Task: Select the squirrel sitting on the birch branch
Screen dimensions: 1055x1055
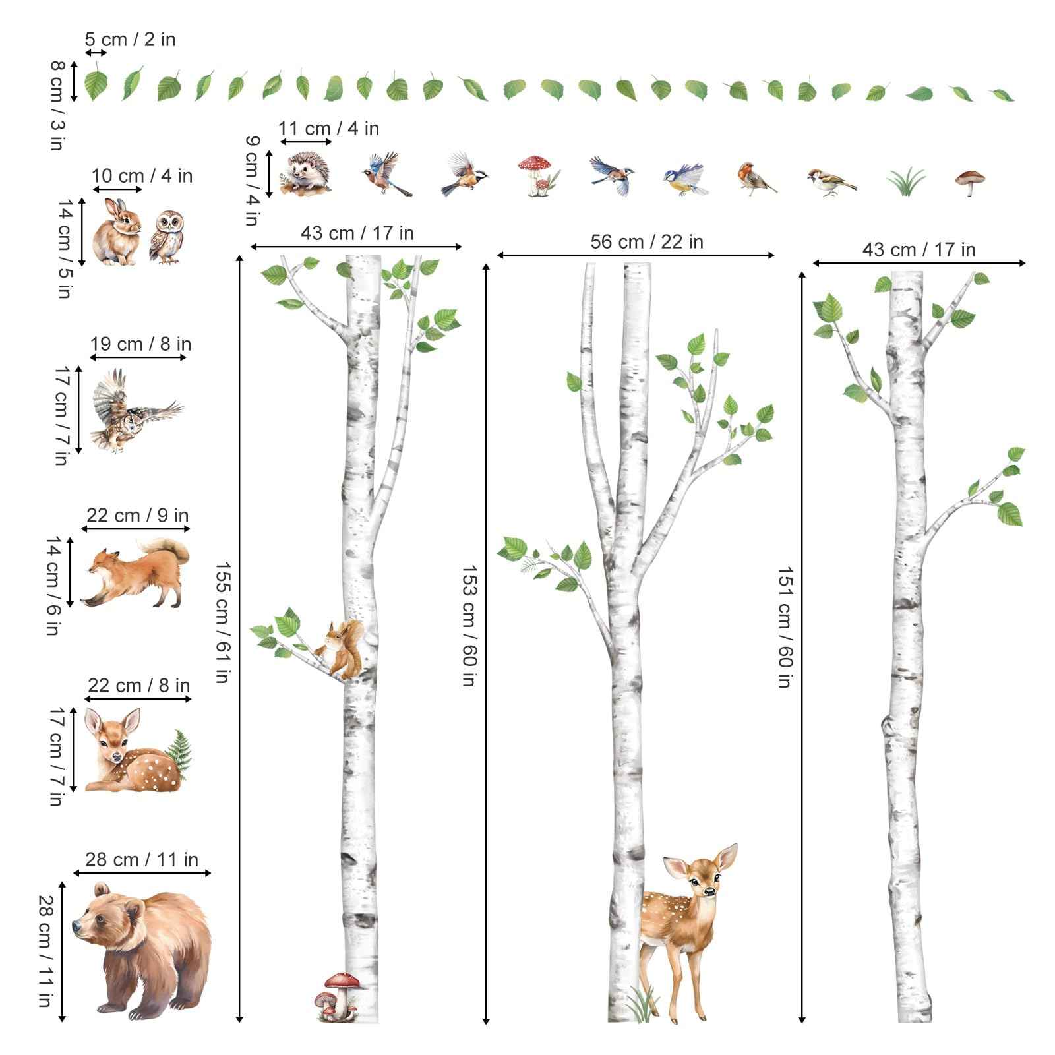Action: [x=342, y=649]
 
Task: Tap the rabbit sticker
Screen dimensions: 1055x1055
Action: [x=117, y=233]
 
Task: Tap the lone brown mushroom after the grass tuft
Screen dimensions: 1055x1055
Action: [x=970, y=181]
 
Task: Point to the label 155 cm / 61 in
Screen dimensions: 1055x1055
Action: [x=223, y=621]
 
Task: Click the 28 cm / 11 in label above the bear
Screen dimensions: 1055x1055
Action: [x=141, y=859]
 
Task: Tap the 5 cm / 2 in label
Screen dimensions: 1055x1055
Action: [x=130, y=40]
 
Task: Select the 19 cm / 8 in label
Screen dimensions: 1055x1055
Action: [x=140, y=344]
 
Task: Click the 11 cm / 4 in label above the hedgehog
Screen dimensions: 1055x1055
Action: [x=328, y=128]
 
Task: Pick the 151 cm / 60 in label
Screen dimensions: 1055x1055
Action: [x=784, y=626]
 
